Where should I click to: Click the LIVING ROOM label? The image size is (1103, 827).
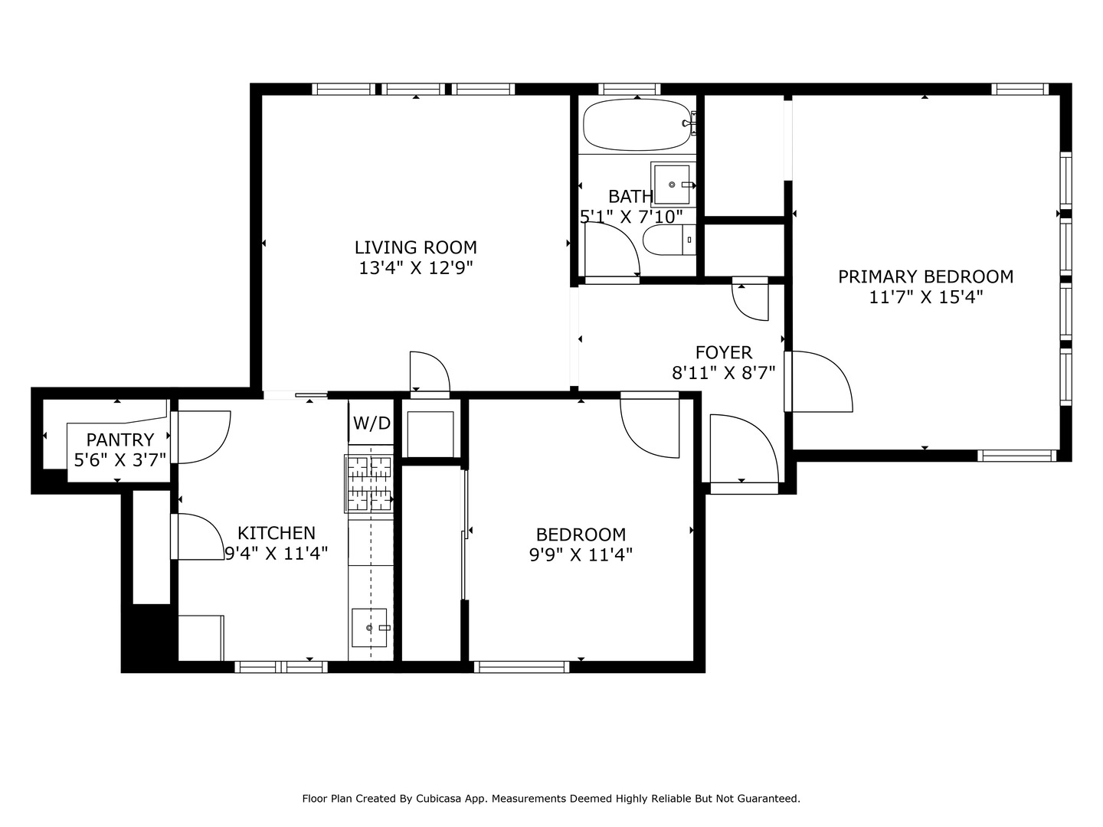(415, 247)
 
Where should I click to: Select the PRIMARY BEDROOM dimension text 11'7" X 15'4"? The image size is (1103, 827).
(925, 297)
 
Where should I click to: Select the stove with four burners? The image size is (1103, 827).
(368, 483)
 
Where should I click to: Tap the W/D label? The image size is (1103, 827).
(371, 423)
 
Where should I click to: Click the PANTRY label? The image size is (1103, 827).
(119, 440)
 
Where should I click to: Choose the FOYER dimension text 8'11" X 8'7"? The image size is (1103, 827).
(723, 373)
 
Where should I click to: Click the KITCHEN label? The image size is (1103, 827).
(276, 533)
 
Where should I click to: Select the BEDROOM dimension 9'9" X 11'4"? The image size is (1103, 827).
(581, 554)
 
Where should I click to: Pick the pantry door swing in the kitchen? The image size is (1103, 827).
(201, 436)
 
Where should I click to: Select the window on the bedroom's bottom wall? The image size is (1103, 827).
(522, 667)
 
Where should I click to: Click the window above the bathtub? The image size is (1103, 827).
(629, 89)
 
